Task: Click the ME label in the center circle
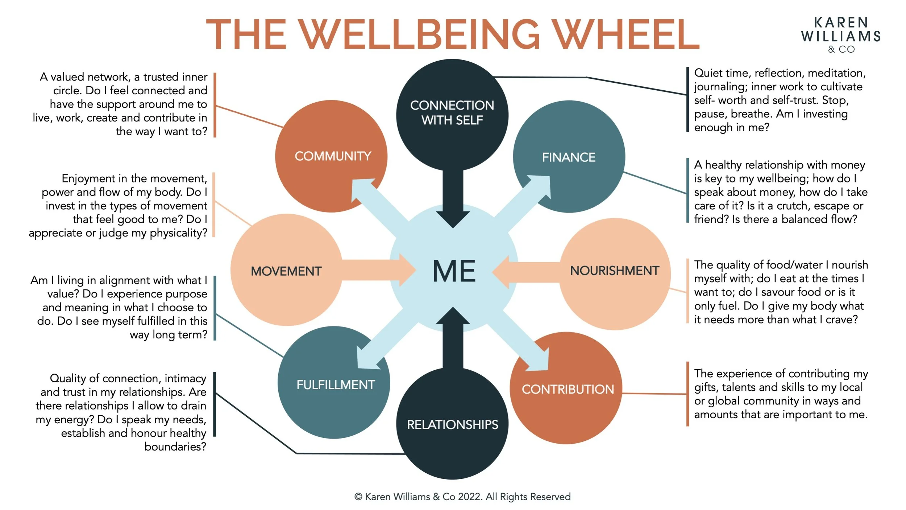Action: [454, 271]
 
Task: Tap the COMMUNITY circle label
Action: [333, 156]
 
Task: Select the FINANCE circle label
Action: [569, 157]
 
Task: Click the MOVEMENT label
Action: [286, 271]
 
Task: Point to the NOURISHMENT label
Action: [614, 271]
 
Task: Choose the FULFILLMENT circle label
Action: [336, 385]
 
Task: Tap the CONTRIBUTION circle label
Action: [568, 390]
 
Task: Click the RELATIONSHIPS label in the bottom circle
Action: [453, 425]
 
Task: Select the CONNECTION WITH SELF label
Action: [452, 112]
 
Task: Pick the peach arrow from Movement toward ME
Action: [377, 270]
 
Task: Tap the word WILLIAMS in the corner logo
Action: [841, 36]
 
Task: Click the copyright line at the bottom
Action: [462, 497]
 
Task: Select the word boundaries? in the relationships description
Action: [175, 447]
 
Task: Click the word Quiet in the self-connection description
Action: [709, 73]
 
